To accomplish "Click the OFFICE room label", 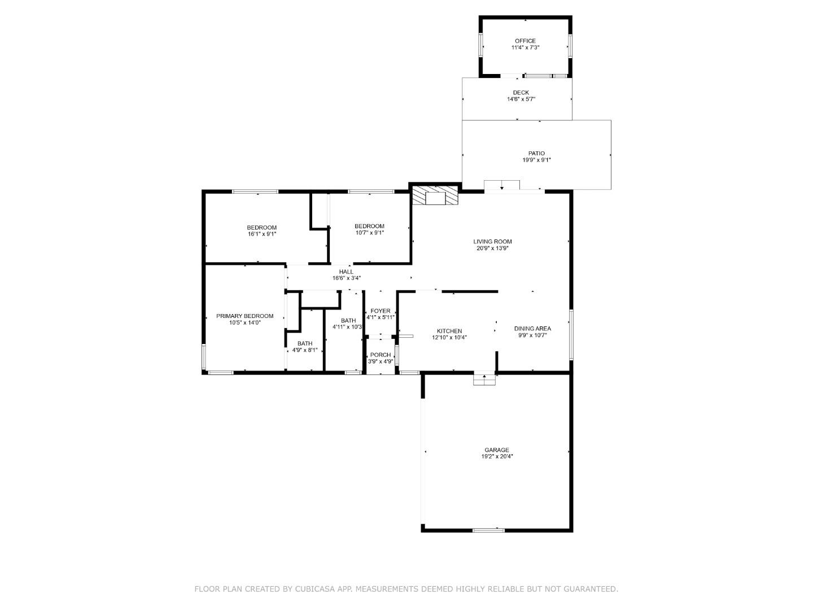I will [x=524, y=41].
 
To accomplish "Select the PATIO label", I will [x=536, y=153].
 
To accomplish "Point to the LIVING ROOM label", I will [x=492, y=241].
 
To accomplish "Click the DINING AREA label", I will [x=532, y=328].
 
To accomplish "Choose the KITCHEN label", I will [x=449, y=331].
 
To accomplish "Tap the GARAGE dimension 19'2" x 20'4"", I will [x=497, y=457].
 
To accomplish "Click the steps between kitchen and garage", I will [x=484, y=380].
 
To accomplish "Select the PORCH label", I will [x=381, y=355].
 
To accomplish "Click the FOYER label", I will [x=381, y=311].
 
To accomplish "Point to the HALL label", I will [x=346, y=272].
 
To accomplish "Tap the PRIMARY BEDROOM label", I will [x=244, y=316].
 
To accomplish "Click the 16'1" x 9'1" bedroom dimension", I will [x=261, y=234].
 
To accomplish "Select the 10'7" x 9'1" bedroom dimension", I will [x=370, y=233].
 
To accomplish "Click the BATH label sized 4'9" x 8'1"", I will [x=305, y=343].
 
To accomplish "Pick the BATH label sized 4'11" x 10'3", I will [x=348, y=321].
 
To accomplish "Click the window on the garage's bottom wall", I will [x=488, y=530].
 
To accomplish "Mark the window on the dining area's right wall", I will [x=571, y=334].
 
